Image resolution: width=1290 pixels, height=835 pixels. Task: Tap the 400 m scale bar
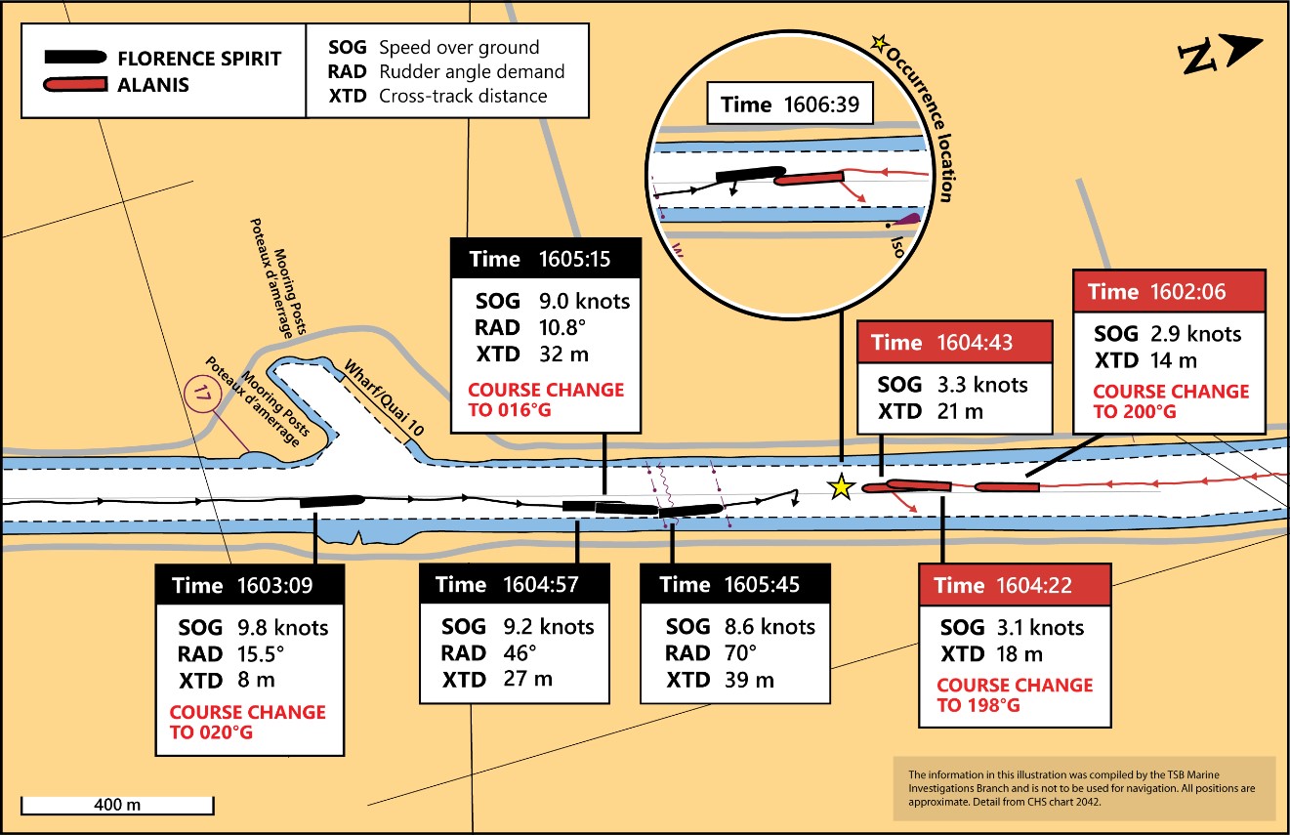point(116,805)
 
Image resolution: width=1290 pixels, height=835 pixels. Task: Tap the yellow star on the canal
point(840,487)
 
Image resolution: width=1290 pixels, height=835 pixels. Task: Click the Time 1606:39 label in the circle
point(790,104)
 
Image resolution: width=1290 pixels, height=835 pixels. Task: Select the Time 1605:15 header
point(546,259)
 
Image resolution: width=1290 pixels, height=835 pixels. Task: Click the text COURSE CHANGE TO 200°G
point(1170,400)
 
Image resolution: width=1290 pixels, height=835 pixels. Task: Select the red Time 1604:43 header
point(954,342)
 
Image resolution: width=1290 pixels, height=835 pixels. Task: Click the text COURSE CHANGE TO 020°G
point(248,722)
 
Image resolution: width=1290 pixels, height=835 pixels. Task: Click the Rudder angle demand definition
point(472,71)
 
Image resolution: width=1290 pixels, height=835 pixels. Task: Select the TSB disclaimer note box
point(1084,787)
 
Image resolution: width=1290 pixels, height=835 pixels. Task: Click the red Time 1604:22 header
point(1016,585)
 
